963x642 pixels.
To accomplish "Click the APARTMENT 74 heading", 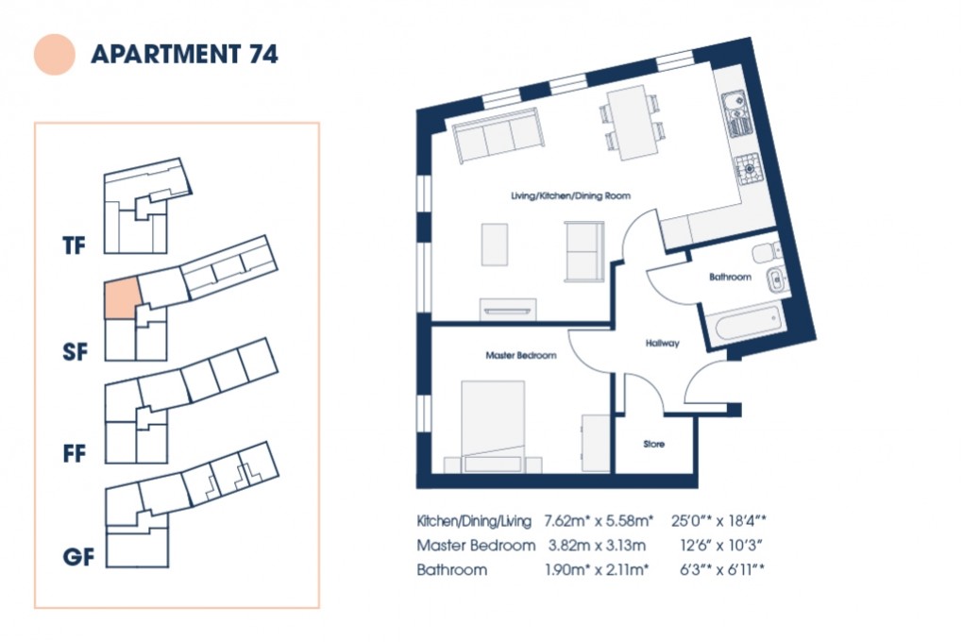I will [x=184, y=54].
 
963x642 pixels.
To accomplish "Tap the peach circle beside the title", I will [x=54, y=54].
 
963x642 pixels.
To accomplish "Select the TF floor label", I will [x=75, y=247].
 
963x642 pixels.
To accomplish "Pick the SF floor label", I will [x=75, y=353].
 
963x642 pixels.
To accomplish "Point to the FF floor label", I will [x=75, y=454].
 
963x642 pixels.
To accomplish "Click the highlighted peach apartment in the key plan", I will [x=122, y=299].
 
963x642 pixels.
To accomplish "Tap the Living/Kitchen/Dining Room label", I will [x=570, y=195].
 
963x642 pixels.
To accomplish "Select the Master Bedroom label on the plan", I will [x=520, y=356].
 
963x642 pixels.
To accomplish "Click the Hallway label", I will [x=662, y=344].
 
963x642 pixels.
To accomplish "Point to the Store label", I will [x=654, y=443].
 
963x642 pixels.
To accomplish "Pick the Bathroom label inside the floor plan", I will [x=730, y=278].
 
